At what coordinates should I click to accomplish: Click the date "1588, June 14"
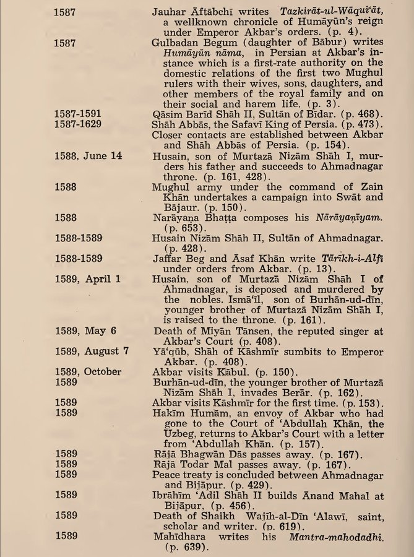pos(88,156)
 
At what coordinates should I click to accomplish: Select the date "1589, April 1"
pos(87,278)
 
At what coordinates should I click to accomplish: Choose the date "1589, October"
pos(88,371)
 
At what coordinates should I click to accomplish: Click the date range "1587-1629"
pos(77,124)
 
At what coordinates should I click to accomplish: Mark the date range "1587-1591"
pos(77,114)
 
